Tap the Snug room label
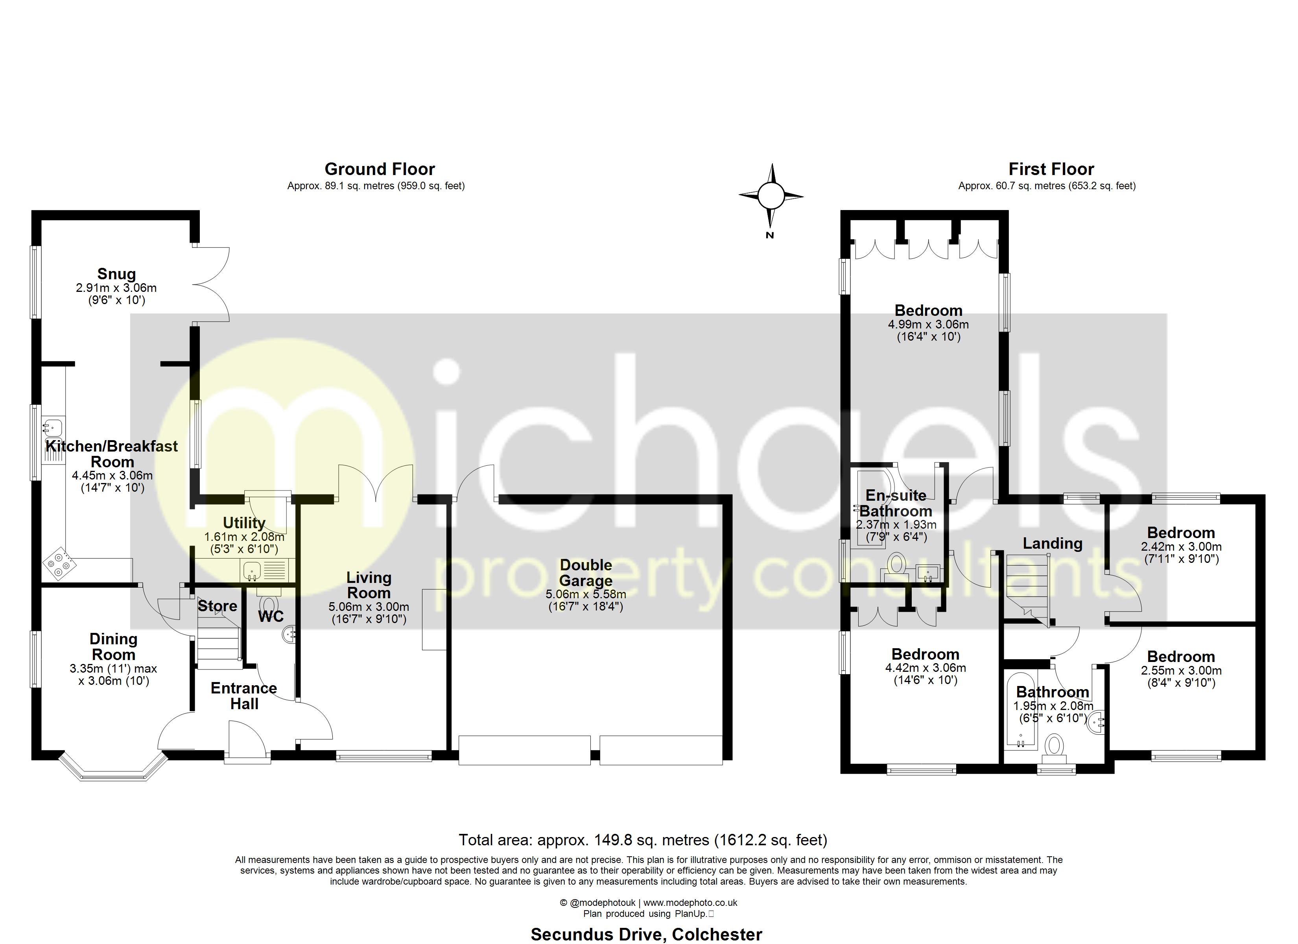click(x=116, y=274)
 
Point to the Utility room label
click(x=244, y=523)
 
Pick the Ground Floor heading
click(x=380, y=170)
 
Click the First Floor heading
click(x=1051, y=170)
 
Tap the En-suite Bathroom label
click(x=896, y=503)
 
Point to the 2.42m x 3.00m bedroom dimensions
click(x=1181, y=547)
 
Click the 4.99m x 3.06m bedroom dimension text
click(x=928, y=324)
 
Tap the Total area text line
click(x=642, y=840)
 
